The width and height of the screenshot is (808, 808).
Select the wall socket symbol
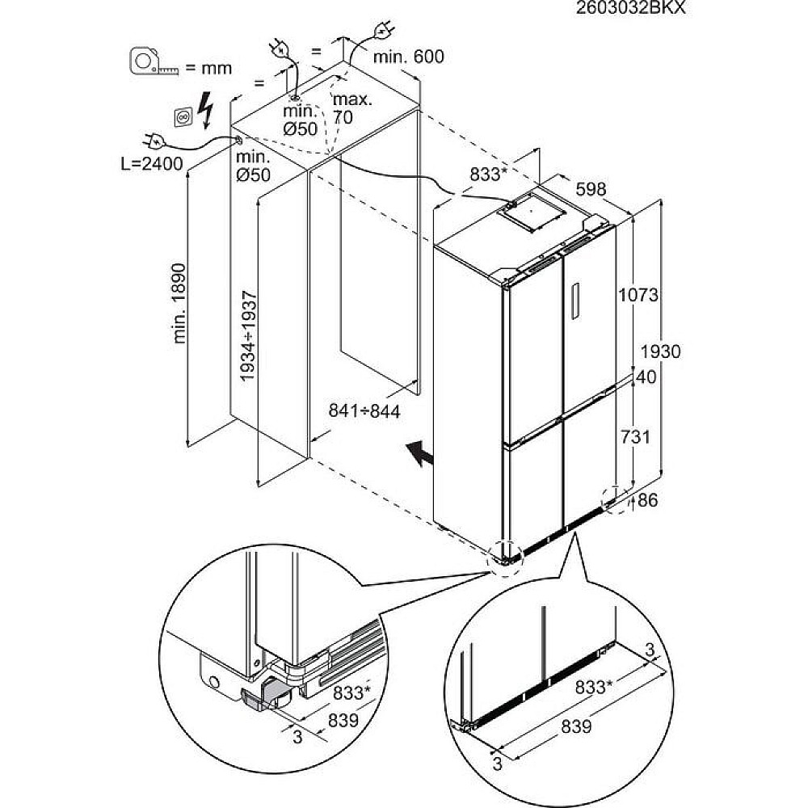[x=183, y=118]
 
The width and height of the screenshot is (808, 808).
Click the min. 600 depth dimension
[x=408, y=57]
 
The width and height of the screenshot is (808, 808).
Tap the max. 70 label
[x=352, y=108]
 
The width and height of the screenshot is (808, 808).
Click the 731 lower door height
[x=636, y=436]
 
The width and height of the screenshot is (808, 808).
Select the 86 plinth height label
[x=648, y=500]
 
